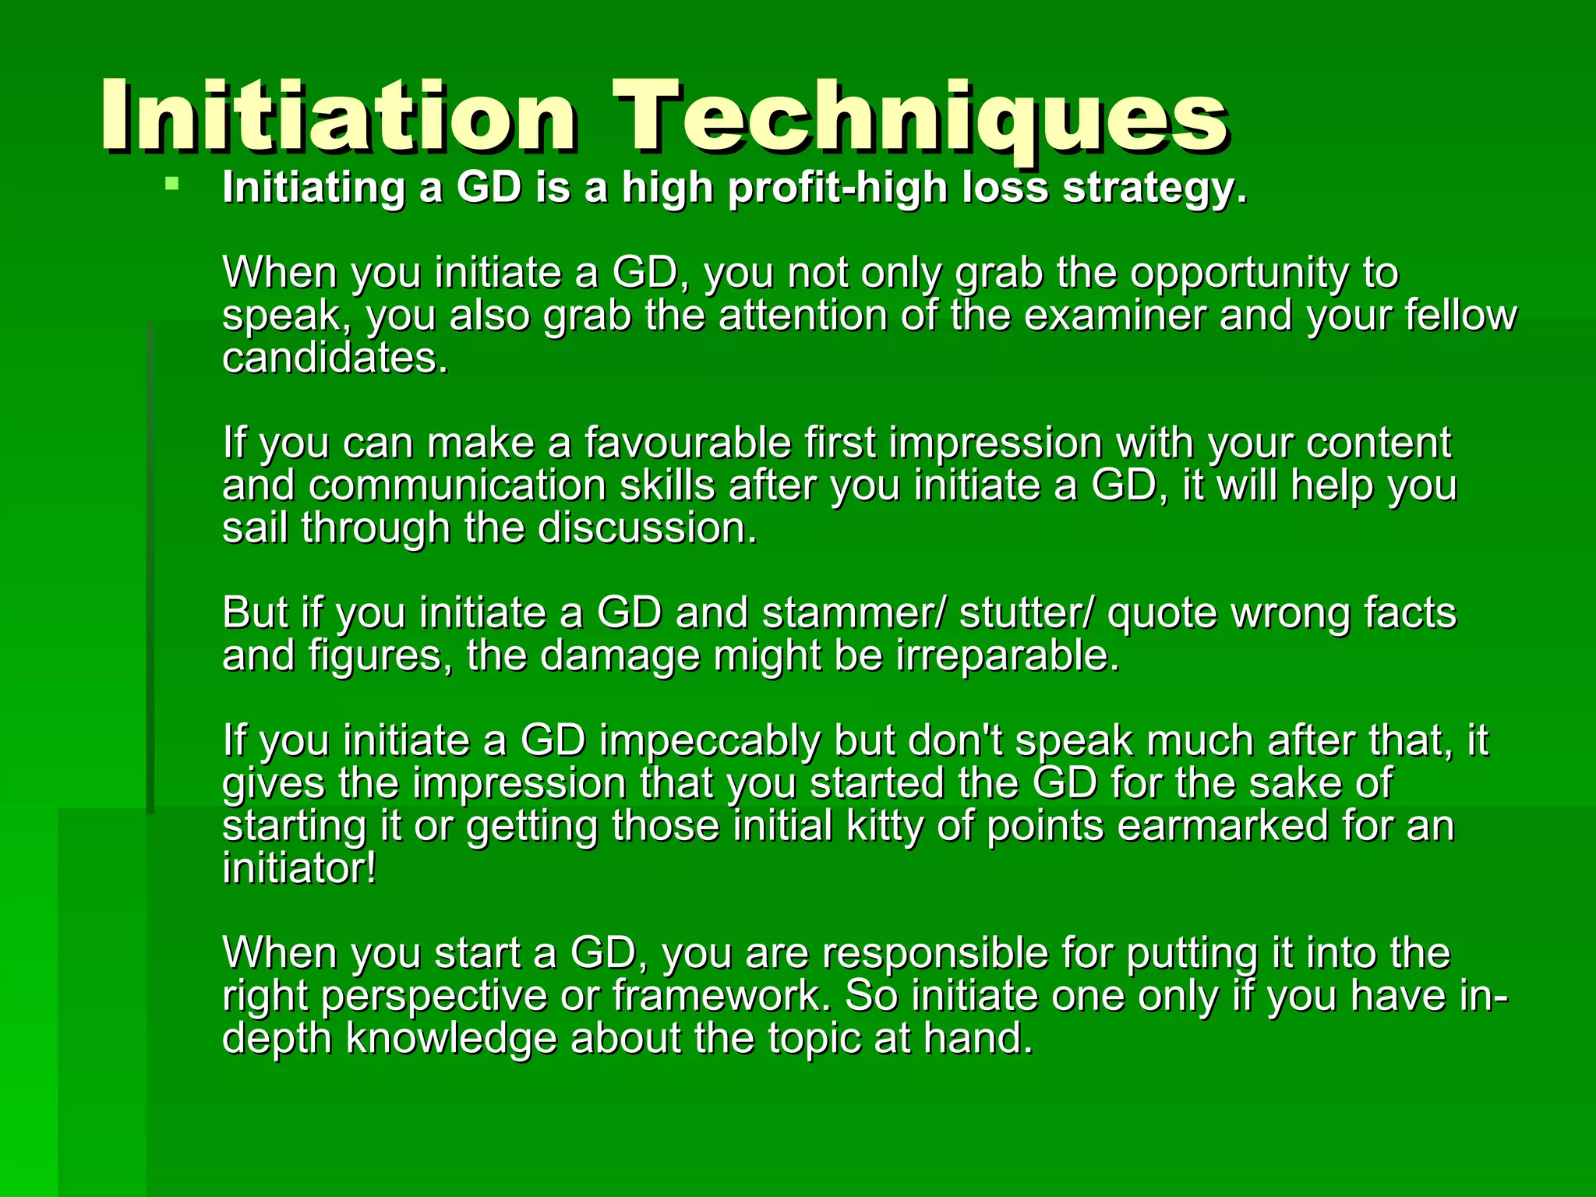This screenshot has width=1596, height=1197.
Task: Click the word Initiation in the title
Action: pyautogui.click(x=339, y=117)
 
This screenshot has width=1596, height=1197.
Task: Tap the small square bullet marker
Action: pyautogui.click(x=172, y=185)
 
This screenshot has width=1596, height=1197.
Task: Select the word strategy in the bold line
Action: pyautogui.click(x=1154, y=189)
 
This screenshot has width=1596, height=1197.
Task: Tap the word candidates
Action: pyautogui.click(x=335, y=358)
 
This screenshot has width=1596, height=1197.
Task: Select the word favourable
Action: pyautogui.click(x=687, y=443)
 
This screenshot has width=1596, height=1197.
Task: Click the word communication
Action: pyautogui.click(x=457, y=486)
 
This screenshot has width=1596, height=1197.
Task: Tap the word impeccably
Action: pyautogui.click(x=709, y=741)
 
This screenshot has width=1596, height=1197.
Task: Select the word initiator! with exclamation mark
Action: pyautogui.click(x=299, y=869)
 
